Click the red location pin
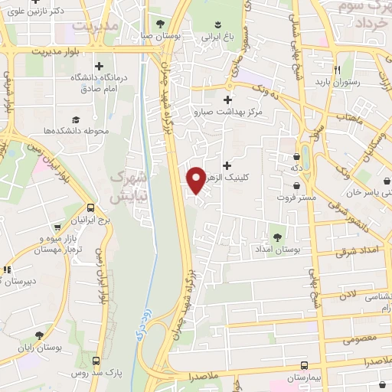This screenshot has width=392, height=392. click(195, 179)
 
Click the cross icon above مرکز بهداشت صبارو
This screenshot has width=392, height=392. click(227, 99)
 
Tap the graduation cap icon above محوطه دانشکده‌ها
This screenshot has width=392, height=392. click(76, 119)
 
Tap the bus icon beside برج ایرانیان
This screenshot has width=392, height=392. click(91, 207)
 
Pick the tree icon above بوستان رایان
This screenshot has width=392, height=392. click(39, 335)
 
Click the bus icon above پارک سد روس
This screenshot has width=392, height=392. click(96, 360)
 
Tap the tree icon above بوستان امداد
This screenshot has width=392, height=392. click(277, 237)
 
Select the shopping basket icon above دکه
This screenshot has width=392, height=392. click(295, 154)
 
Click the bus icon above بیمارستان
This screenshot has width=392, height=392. click(305, 365)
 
